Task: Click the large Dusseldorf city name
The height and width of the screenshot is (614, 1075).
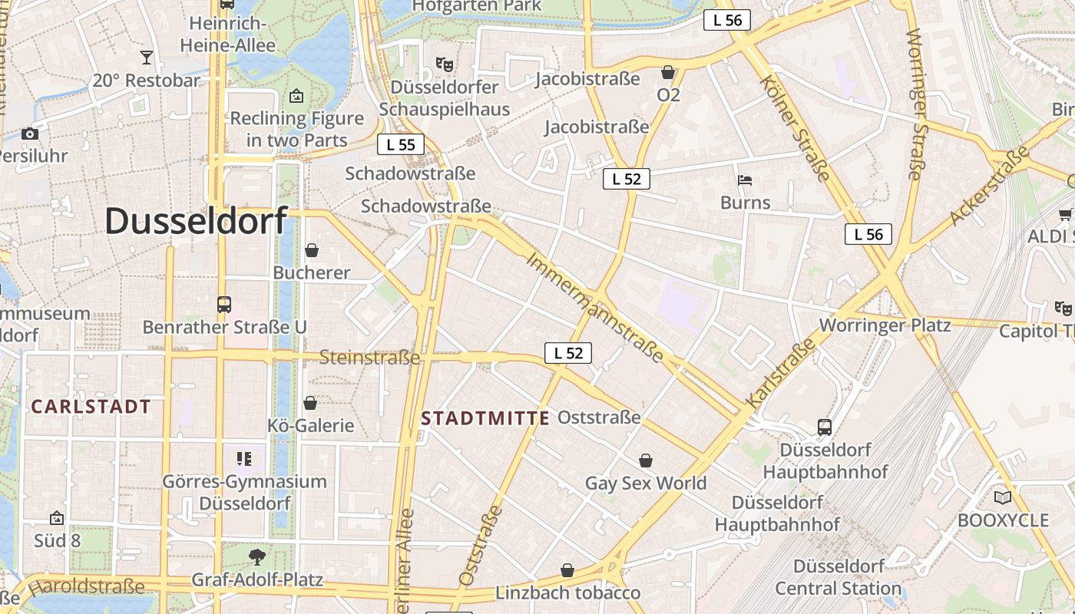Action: pyautogui.click(x=196, y=221)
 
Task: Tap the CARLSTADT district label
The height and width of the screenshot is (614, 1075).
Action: pyautogui.click(x=91, y=407)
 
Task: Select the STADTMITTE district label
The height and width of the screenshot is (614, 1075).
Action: pyautogui.click(x=485, y=418)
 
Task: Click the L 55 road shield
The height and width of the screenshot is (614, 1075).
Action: pyautogui.click(x=401, y=144)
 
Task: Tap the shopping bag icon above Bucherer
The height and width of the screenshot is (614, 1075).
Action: pyautogui.click(x=312, y=250)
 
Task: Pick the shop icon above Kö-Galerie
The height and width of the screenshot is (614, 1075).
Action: pyautogui.click(x=310, y=403)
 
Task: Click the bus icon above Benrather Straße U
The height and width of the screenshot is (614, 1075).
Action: pyautogui.click(x=224, y=305)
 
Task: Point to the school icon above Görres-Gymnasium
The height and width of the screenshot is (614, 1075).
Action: pyautogui.click(x=244, y=459)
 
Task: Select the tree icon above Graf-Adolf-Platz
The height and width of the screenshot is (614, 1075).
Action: pyautogui.click(x=257, y=556)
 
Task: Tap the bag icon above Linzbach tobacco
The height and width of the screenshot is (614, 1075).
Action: pyautogui.click(x=567, y=570)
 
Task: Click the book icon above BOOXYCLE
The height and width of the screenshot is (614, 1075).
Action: pyautogui.click(x=1003, y=497)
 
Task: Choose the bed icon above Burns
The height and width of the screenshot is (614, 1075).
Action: pyautogui.click(x=745, y=180)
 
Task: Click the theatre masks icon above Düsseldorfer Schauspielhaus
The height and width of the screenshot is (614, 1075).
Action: pyautogui.click(x=444, y=64)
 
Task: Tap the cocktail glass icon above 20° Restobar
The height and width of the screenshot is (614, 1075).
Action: pyautogui.click(x=147, y=57)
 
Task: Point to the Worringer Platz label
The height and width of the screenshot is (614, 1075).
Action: pyautogui.click(x=885, y=325)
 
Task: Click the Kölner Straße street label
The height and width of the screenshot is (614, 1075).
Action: pyautogui.click(x=794, y=129)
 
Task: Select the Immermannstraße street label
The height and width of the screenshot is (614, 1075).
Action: pyautogui.click(x=595, y=306)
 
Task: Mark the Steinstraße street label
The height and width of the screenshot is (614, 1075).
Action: pyautogui.click(x=369, y=358)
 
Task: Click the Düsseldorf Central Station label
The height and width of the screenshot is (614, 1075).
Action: pyautogui.click(x=838, y=577)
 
